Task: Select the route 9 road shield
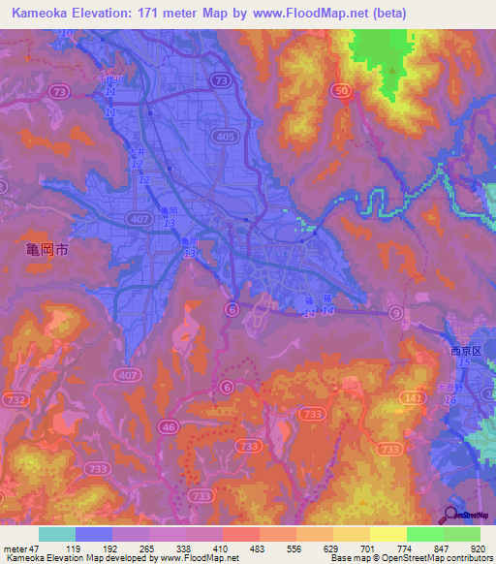pyautogui.click(x=396, y=313)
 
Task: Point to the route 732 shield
pyautogui.click(x=16, y=400)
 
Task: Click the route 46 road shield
pyautogui.click(x=169, y=425)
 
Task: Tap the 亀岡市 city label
pyautogui.click(x=46, y=250)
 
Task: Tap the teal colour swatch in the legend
pyautogui.click(x=57, y=534)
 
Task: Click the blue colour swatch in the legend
pyautogui.click(x=94, y=534)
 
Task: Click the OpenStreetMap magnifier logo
pyautogui.click(x=449, y=516)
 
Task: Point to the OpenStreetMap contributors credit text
pyautogui.click(x=425, y=559)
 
